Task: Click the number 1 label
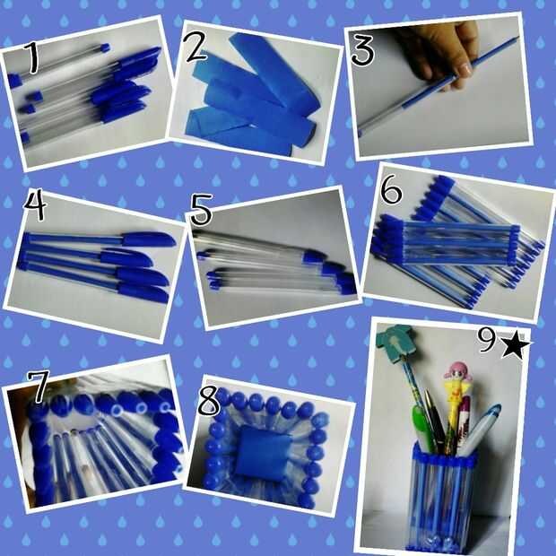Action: [x=32, y=56]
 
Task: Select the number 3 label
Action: [x=362, y=51]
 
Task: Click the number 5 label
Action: [x=201, y=210]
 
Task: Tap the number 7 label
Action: [x=39, y=387]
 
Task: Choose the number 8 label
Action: [x=208, y=401]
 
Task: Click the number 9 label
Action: [x=487, y=339]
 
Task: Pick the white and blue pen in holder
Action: [x=480, y=430]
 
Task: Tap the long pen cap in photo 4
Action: [x=149, y=239]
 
